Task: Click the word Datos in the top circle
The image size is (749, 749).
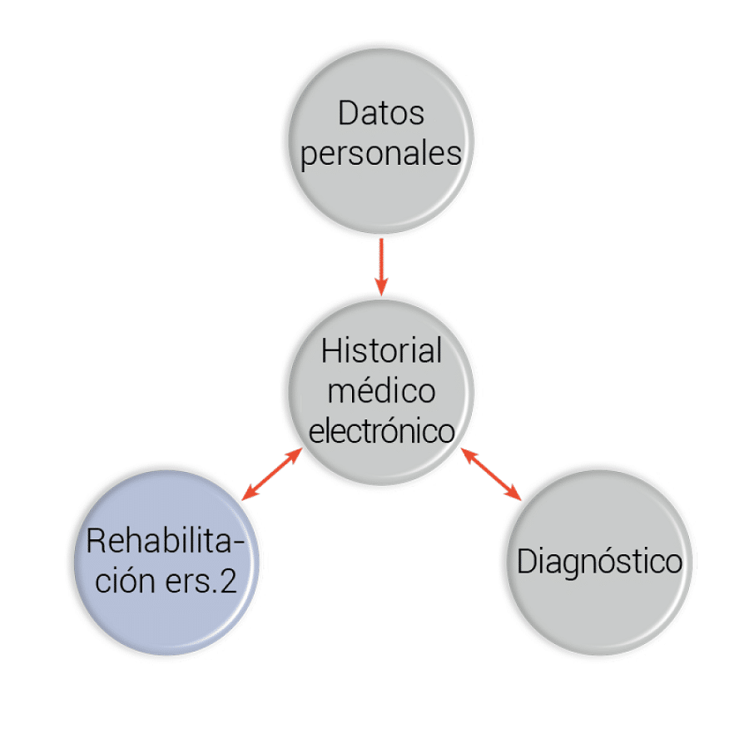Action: coord(381,113)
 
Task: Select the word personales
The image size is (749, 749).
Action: coord(380,154)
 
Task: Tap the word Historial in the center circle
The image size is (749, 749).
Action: coord(381,350)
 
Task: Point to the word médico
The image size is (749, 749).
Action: coord(381,390)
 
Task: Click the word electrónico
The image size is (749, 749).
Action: coord(381,430)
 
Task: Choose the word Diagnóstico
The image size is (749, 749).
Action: coord(599,562)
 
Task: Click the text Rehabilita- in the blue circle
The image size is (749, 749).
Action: coord(166,541)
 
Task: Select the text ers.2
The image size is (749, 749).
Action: coord(201,582)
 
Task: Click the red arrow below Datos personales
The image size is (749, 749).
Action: coord(381,267)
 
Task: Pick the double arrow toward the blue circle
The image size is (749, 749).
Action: coord(272,474)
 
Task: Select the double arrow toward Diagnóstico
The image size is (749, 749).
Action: coord(491,474)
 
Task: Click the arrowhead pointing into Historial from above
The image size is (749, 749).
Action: coord(381,286)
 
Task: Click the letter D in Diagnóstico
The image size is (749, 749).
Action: coord(526,560)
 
